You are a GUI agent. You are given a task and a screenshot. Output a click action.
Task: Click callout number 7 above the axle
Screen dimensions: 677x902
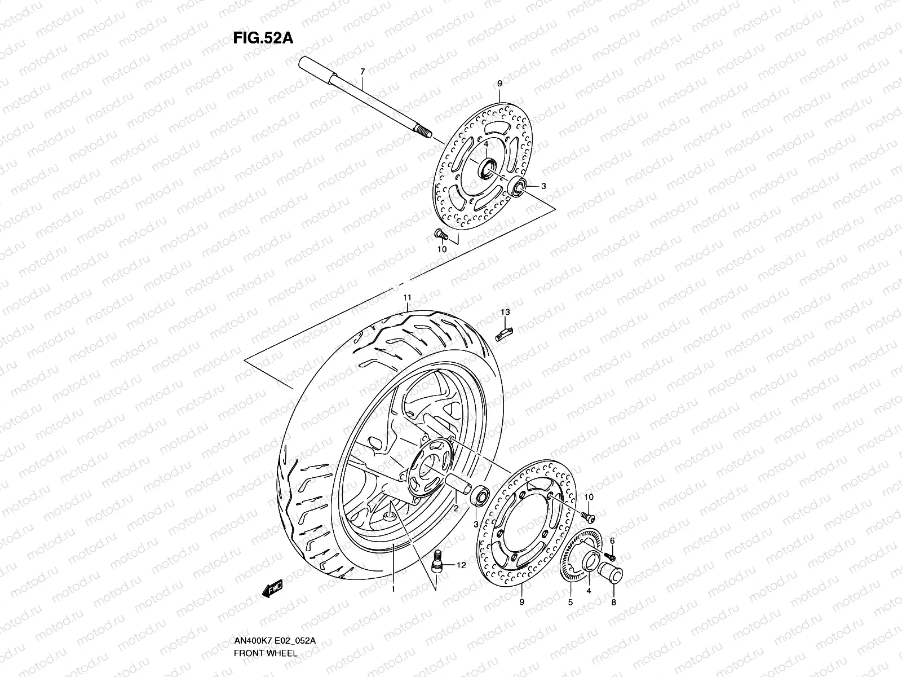point(362,72)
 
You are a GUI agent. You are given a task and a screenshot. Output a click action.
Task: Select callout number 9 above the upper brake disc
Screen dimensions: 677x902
point(499,84)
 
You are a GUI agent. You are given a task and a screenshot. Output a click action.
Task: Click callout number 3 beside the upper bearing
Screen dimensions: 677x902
point(543,186)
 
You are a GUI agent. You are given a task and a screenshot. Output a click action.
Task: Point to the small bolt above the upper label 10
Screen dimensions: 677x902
point(440,234)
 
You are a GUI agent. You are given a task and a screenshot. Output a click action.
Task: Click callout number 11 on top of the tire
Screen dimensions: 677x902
point(406,297)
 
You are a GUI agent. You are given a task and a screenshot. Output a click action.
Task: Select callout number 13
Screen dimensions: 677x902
point(505,312)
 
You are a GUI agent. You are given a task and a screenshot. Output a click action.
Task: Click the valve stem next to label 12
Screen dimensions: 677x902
point(437,562)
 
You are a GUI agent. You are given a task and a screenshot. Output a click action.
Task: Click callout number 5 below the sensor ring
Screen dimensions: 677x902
point(570,603)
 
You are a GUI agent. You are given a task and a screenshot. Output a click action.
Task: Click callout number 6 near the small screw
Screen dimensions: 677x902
point(612,540)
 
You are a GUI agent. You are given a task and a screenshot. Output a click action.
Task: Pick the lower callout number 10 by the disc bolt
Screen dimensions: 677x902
point(589,497)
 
